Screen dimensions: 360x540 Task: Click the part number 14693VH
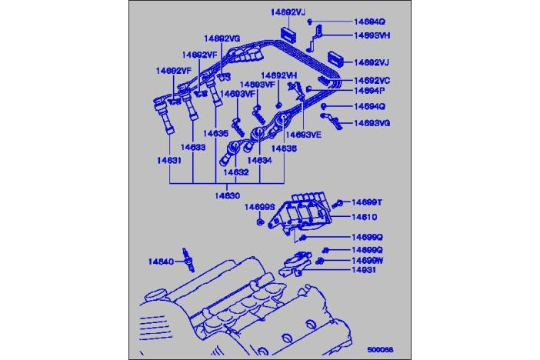click(x=373, y=35)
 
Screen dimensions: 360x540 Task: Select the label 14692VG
click(x=222, y=37)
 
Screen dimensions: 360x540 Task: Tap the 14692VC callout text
click(x=372, y=80)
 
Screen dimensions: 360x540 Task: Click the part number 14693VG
click(x=373, y=122)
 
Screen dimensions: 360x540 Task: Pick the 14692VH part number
click(x=278, y=75)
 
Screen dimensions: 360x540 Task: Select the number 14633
click(x=193, y=146)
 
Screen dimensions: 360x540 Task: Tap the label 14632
click(x=237, y=173)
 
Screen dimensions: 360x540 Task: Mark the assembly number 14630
click(x=228, y=196)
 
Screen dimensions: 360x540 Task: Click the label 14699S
click(x=260, y=207)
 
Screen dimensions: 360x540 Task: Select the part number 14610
click(x=364, y=217)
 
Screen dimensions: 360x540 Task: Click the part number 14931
click(x=364, y=271)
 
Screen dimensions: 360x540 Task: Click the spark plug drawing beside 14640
click(x=186, y=262)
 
